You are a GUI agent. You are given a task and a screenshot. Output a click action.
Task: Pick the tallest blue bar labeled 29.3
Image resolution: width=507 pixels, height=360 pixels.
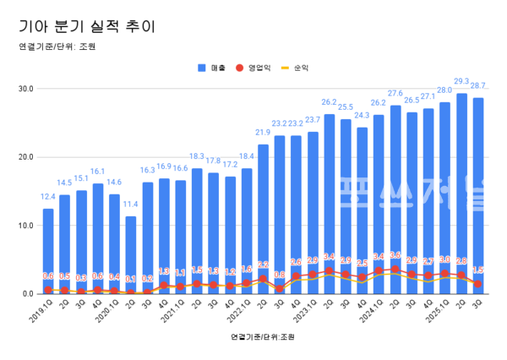click(x=461, y=194)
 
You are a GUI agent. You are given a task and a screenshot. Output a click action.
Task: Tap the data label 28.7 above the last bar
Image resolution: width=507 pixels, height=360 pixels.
click(x=477, y=86)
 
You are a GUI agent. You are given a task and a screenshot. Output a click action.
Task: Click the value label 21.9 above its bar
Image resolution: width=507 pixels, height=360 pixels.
click(x=263, y=133)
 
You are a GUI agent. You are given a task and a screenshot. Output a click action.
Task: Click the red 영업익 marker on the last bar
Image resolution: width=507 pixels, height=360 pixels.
click(x=477, y=284)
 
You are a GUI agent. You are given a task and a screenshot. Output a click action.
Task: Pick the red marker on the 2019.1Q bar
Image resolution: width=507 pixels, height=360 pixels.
click(x=48, y=290)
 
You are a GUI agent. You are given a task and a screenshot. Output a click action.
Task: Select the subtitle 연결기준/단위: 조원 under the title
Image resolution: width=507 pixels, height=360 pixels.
click(x=57, y=46)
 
